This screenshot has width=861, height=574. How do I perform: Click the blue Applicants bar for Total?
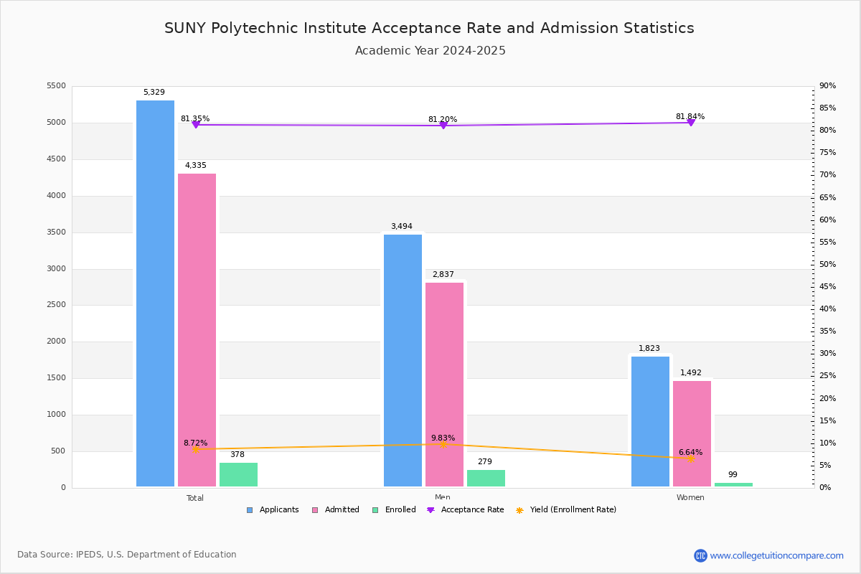tap(155, 294)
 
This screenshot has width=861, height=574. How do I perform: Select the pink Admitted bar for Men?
tap(444, 385)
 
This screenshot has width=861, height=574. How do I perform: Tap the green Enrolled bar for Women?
tap(733, 484)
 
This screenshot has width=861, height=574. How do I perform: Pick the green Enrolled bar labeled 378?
tap(238, 475)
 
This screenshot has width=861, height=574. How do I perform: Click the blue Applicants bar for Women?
tap(650, 422)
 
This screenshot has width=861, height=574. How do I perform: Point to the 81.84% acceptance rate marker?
tap(690, 123)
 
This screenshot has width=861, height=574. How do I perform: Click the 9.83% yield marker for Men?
tap(443, 444)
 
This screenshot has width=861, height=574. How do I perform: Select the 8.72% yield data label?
tap(195, 443)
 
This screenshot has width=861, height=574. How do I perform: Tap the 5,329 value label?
tap(154, 93)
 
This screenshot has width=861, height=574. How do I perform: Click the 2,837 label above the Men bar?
tap(443, 275)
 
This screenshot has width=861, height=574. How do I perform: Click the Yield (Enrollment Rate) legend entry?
tap(566, 510)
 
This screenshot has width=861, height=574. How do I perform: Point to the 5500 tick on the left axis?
tap(56, 86)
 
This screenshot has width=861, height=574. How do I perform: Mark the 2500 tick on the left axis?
tap(56, 305)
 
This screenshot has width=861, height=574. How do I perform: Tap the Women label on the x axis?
tap(690, 498)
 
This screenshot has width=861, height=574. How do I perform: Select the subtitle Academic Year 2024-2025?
tap(430, 51)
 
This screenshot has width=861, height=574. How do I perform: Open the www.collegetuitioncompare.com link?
tap(776, 555)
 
